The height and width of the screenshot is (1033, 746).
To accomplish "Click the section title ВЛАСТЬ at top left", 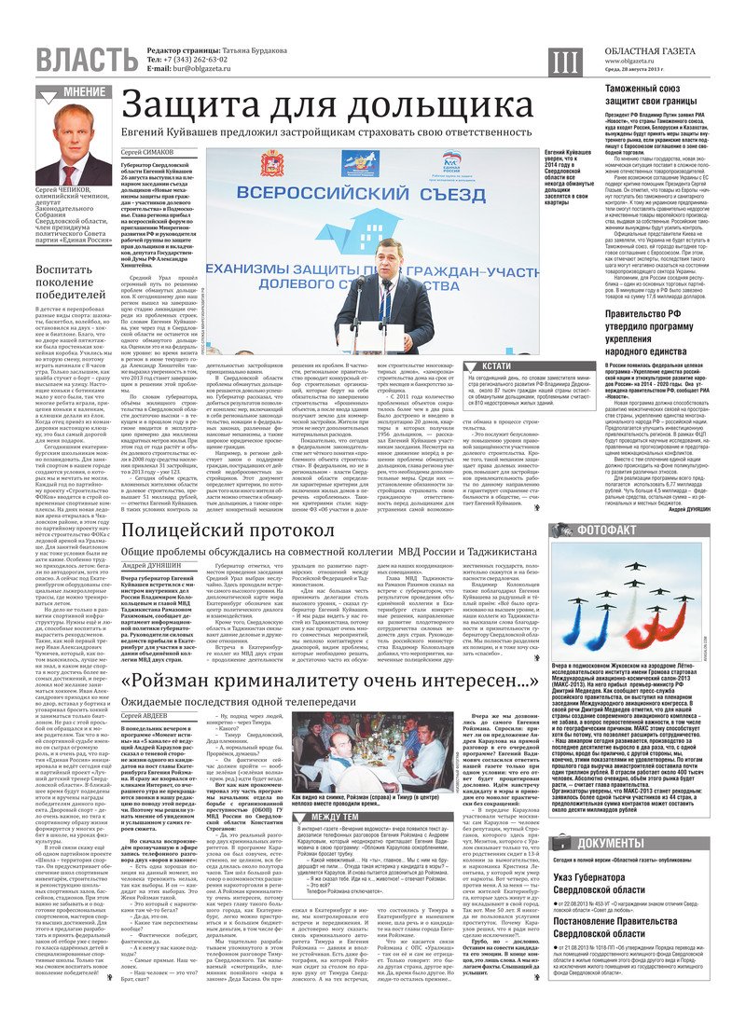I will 78,60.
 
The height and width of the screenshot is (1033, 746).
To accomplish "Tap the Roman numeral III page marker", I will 565,62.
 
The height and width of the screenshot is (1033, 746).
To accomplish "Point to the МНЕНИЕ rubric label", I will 83,92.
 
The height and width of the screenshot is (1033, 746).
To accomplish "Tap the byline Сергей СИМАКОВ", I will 147,151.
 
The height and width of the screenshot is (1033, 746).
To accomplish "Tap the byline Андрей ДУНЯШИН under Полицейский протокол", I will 148,566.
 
